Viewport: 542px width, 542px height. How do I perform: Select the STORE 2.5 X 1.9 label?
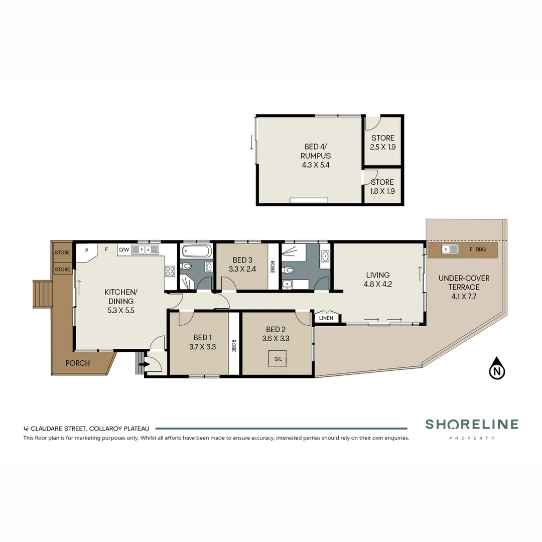pos(382,143)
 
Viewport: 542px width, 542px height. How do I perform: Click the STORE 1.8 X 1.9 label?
pos(382,187)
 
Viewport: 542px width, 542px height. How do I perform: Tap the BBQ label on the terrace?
pos(481,249)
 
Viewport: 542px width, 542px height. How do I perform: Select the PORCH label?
pos(77,363)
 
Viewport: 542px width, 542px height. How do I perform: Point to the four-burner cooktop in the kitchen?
pos(170,271)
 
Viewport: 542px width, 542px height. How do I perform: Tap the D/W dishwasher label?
pos(123,249)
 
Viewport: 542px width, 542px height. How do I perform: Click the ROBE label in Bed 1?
pos(234,346)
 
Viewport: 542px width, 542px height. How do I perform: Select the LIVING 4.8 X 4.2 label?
pos(377,279)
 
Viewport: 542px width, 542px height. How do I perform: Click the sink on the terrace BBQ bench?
pos(450,249)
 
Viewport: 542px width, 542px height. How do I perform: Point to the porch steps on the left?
pos(43,294)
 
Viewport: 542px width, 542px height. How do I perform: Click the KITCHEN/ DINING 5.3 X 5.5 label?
pos(120,301)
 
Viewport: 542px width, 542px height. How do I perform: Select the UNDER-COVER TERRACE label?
pos(464,287)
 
